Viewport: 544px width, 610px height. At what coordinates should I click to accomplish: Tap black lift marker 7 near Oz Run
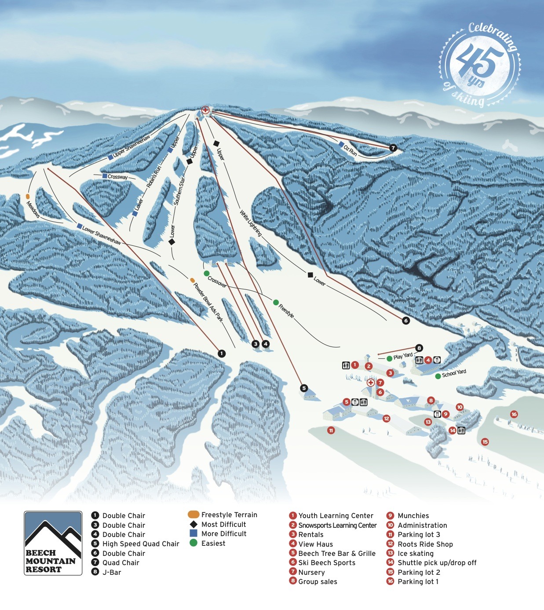[x=393, y=148]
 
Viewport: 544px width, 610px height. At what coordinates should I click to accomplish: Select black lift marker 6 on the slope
[x=406, y=321]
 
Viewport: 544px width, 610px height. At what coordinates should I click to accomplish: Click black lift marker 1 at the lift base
[x=222, y=353]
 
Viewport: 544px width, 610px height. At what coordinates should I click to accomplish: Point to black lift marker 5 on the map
[x=304, y=388]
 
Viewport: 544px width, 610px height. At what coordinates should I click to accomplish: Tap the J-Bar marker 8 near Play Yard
[x=419, y=348]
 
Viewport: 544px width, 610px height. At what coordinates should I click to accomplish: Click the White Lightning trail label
[x=251, y=223]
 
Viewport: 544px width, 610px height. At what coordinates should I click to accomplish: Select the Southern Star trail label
[x=179, y=190]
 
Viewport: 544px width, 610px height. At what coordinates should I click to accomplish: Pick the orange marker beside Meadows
[x=28, y=196]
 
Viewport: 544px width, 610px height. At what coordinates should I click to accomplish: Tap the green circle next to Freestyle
[x=276, y=303]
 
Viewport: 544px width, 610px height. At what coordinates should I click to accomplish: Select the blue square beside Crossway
[x=105, y=176]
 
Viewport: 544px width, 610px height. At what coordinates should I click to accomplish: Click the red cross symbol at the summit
[x=205, y=110]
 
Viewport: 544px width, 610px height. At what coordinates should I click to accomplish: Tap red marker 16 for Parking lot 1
[x=514, y=414]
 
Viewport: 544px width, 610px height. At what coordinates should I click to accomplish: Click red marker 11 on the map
[x=331, y=430]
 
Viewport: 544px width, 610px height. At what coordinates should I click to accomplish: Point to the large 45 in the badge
[x=479, y=62]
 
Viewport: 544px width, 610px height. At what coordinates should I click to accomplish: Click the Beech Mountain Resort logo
[x=53, y=543]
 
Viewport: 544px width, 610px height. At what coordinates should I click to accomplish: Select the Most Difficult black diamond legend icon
[x=194, y=524]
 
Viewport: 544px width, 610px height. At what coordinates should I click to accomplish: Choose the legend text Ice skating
[x=415, y=553]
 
